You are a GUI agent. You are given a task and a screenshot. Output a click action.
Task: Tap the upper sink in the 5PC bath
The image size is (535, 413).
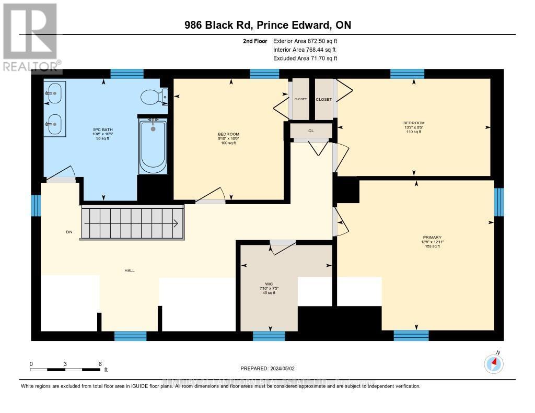[53, 94]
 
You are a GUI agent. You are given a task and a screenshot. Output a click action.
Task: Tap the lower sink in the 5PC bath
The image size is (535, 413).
[53, 124]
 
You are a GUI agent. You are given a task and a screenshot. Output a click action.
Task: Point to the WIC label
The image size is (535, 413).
[269, 284]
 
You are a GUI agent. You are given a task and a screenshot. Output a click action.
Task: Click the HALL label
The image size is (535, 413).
[130, 270]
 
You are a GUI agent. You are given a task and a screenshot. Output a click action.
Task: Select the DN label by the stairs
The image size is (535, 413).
[68, 232]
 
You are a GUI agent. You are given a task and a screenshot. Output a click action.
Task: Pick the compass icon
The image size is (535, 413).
[493, 363]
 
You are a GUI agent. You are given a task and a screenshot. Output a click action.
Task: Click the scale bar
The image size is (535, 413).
[65, 370]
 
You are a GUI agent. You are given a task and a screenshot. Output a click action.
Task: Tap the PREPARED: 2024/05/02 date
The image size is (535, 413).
[267, 369]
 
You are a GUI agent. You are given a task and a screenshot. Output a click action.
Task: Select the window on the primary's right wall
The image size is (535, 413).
[499, 202]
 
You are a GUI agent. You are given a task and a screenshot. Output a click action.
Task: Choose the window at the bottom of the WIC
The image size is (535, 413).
[269, 336]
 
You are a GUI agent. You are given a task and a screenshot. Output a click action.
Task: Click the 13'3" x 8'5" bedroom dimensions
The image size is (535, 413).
[413, 127]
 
